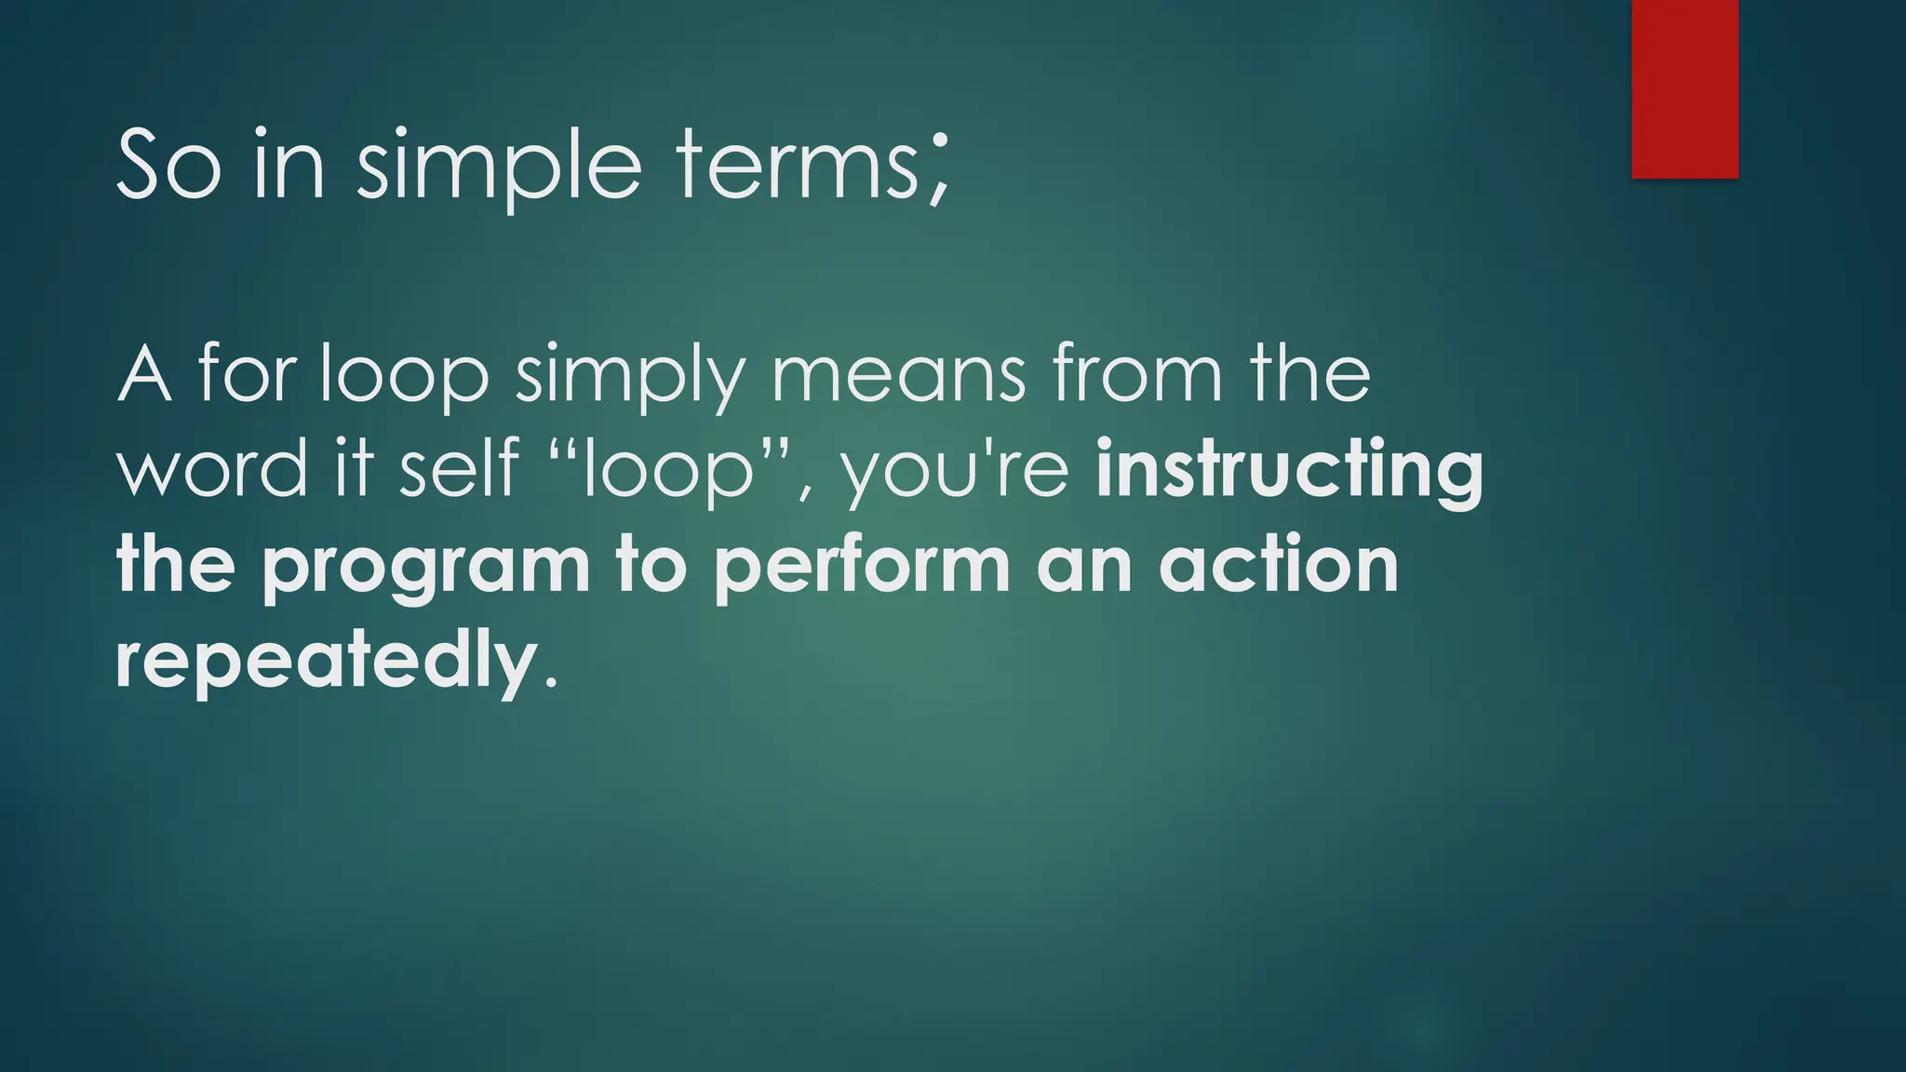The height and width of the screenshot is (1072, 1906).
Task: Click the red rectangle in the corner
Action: coord(1685,88)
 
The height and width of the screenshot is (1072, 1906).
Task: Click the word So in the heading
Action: coord(169,166)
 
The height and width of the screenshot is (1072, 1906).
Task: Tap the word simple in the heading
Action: coord(500,166)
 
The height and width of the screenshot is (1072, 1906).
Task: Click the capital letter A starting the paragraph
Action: coord(144,374)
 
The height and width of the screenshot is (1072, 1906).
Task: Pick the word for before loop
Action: coord(247,374)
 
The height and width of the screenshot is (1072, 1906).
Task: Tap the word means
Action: coord(898,374)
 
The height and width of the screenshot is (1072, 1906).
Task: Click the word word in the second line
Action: coord(212,469)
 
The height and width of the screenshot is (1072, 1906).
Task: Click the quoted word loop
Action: coord(666,469)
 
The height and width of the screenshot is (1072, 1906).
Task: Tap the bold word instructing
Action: coord(1290,471)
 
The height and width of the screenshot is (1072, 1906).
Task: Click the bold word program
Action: coord(426,568)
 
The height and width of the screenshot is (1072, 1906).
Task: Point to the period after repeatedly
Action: coord(550,685)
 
